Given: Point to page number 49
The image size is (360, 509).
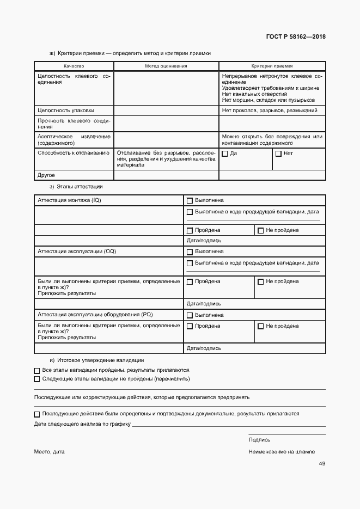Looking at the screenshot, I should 322,464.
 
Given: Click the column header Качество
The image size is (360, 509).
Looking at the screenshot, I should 74,65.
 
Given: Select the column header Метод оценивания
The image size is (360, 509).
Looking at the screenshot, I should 166,65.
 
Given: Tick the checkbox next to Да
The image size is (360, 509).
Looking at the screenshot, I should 224,154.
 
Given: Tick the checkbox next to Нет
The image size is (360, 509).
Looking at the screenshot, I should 278,154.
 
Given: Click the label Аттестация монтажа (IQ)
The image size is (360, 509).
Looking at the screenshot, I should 69,200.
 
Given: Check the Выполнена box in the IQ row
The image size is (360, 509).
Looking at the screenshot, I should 190,201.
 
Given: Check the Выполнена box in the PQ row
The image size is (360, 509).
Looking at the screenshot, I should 190,315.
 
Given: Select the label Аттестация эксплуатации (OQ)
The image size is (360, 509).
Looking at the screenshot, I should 77,252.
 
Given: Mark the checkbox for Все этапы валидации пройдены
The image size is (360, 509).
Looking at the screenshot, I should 37,370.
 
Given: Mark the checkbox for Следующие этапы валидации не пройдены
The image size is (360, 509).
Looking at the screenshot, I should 37,379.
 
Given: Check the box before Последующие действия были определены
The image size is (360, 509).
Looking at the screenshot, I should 37,414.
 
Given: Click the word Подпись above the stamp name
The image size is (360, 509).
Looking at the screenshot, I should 259,439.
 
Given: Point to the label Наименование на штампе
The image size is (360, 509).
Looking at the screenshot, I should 282,452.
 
